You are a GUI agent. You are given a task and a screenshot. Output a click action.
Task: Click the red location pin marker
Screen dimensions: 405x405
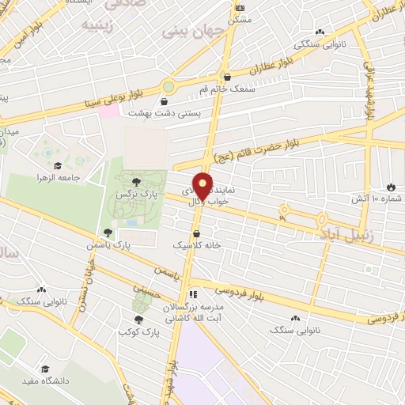tap(203, 185)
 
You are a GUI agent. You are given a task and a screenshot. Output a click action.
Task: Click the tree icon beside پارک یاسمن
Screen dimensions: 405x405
tap(108, 233)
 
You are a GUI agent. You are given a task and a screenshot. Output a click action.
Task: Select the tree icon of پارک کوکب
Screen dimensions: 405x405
tap(138, 320)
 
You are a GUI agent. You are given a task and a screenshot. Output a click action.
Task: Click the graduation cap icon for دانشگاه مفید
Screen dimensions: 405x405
tap(45, 369)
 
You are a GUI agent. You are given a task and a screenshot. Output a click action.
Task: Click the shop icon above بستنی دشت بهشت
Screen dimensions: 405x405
tap(164, 102)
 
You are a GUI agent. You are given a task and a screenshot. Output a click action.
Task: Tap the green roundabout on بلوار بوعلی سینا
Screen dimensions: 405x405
tap(168, 86)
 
